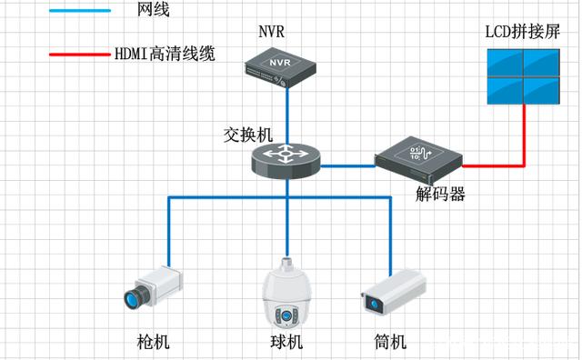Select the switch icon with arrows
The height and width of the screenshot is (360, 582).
pos(286,159)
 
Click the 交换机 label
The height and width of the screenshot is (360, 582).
pos(247,133)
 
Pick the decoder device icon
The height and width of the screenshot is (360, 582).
pos(417,155)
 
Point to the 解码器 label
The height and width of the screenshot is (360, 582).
pos(441,193)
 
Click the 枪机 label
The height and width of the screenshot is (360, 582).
pos(153,343)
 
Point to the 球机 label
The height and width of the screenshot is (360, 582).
pos(286,343)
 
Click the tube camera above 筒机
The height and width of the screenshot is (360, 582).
pos(393,293)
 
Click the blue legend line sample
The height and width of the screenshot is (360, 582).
pos(80,11)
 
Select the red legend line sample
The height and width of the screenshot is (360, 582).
pos(80,54)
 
